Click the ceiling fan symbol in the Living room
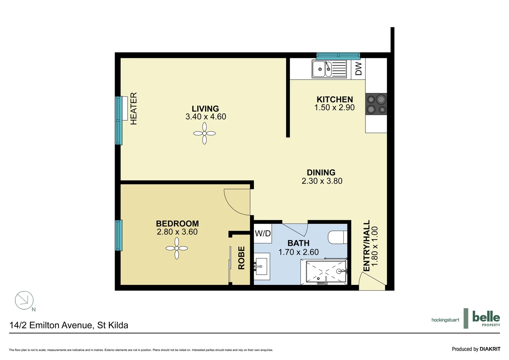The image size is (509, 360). (204, 133)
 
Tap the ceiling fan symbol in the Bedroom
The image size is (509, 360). (177, 248)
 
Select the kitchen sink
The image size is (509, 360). (329, 69)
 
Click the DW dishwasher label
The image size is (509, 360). (358, 69)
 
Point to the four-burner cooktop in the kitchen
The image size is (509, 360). (376, 104)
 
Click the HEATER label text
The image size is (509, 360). (134, 109)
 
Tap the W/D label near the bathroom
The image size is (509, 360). (263, 233)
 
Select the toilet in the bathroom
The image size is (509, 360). (337, 238)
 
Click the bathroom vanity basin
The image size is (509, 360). (261, 266)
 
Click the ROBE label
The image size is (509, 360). (242, 258)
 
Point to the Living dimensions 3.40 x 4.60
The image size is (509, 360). (206, 117)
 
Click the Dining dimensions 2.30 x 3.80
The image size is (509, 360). (322, 181)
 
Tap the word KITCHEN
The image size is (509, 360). (334, 99)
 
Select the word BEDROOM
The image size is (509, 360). (177, 223)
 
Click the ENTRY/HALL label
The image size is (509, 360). (366, 246)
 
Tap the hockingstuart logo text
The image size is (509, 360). (445, 320)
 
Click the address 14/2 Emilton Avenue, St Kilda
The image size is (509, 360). (69, 325)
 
